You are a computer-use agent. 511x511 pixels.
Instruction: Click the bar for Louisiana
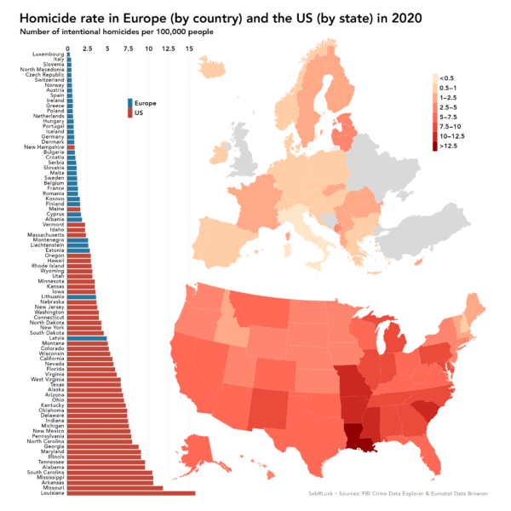132,493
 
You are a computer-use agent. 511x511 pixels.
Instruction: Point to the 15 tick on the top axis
190,49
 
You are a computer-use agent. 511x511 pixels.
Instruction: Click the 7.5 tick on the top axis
129,49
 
